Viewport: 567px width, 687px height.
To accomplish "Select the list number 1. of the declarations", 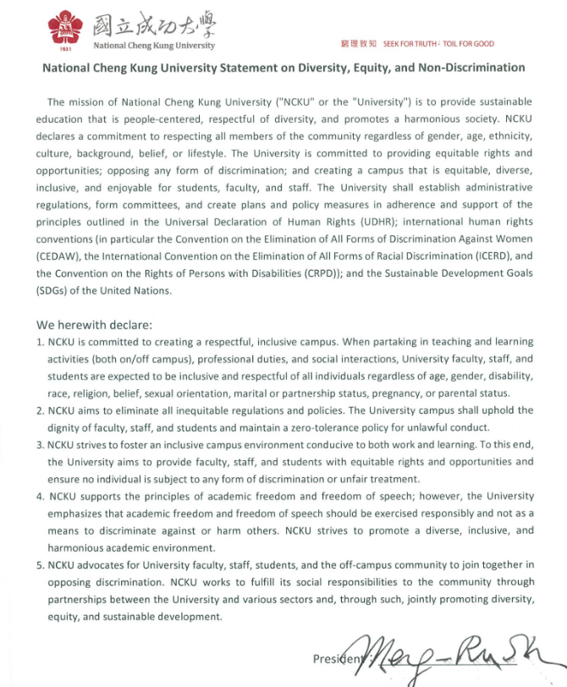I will [x=40, y=342].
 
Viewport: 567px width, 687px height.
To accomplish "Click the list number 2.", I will [x=40, y=410].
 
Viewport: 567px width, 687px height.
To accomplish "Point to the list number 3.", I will [x=40, y=445].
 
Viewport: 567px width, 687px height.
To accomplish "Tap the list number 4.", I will [x=40, y=496].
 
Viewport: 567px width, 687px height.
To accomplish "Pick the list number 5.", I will [x=40, y=564].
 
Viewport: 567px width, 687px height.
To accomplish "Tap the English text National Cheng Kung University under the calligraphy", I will [x=153, y=46].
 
